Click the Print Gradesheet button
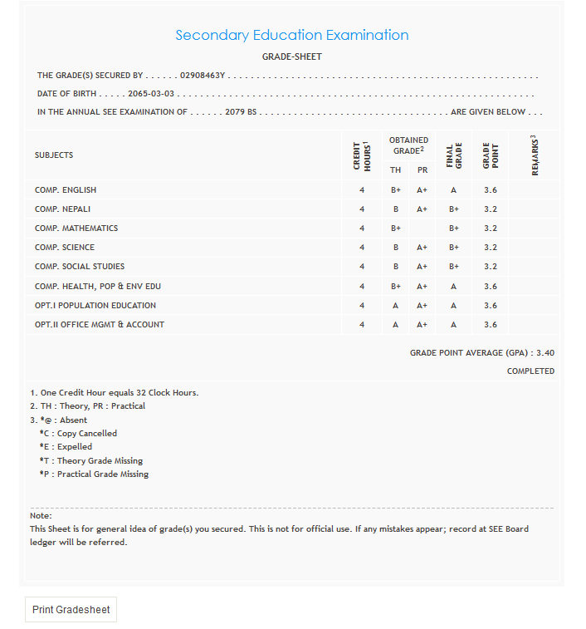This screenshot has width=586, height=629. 71,609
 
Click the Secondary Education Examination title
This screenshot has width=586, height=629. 291,35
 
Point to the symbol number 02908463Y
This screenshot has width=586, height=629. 203,76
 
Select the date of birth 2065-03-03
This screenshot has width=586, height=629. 151,94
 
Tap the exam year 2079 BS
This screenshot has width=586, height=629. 241,112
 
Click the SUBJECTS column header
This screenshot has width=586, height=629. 54,155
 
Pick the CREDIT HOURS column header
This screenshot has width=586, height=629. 362,155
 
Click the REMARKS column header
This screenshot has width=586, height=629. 535,155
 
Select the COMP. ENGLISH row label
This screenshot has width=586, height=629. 66,190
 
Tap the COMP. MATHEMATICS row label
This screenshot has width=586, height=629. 76,229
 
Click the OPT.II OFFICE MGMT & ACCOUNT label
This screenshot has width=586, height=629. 100,325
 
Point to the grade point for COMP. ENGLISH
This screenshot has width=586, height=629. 490,190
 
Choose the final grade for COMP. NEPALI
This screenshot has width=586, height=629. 454,209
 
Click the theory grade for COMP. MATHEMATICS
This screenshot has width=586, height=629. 396,229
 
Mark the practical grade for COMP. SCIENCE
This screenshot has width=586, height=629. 422,248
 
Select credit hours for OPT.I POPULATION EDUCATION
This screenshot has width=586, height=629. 362,306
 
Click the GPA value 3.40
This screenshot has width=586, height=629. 545,353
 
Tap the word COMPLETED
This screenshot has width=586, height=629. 530,371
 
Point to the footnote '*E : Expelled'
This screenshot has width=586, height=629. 66,447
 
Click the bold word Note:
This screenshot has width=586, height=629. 41,516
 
